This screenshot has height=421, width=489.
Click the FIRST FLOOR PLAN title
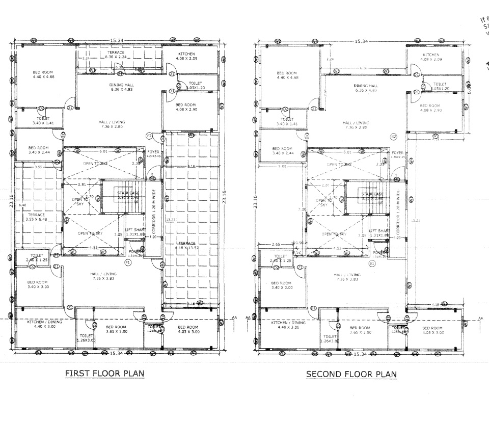[104, 374]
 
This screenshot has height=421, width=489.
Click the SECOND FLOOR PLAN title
[351, 374]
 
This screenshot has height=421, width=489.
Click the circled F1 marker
[128, 262]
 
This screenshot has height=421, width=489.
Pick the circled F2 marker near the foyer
[149, 136]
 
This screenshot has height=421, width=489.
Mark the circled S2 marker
[393, 137]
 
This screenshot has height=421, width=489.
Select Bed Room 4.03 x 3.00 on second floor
[432, 330]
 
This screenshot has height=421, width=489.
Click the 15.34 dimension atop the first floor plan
[117, 39]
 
